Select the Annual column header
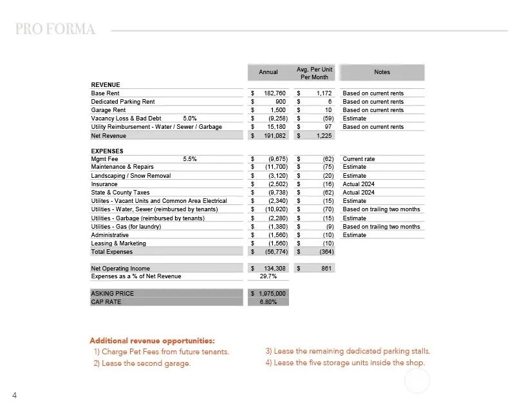[268, 72]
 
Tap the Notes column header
[382, 72]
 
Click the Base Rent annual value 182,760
[275, 93]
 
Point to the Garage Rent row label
[109, 110]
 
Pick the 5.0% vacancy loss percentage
[190, 119]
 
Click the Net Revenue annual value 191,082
[275, 136]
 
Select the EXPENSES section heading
[106, 151]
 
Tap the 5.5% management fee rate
[190, 159]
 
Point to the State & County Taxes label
[120, 193]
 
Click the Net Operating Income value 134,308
[275, 269]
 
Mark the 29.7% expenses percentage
[268, 276]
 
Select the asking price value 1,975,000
[270, 294]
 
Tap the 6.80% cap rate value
[268, 301]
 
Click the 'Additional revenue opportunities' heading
[152, 340]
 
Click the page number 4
[14, 395]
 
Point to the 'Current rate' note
[359, 159]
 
